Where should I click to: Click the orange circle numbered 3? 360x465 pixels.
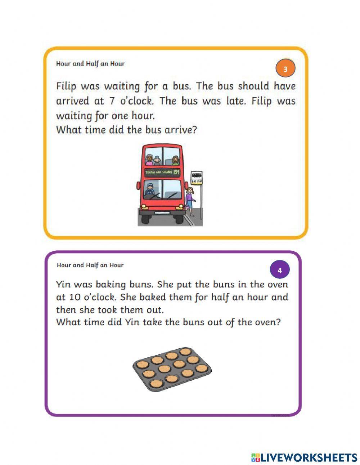[x=285, y=68]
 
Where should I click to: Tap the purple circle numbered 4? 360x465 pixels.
[x=279, y=270]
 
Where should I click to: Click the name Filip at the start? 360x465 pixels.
[x=67, y=86]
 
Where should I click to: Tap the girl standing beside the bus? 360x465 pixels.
[x=190, y=201]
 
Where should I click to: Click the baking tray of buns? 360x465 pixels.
[x=172, y=370]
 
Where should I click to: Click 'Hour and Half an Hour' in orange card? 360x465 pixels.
[x=90, y=64]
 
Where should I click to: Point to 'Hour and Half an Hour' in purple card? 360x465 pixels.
[x=90, y=265]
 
